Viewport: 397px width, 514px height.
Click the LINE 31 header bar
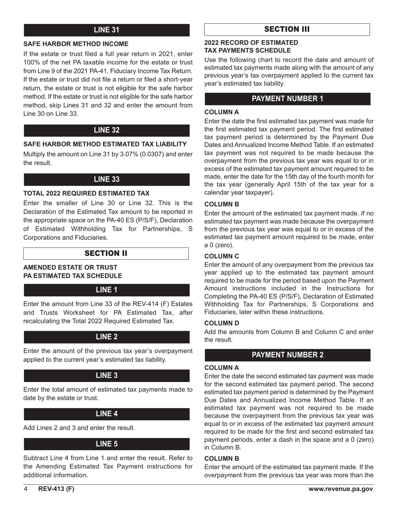(x=107, y=30)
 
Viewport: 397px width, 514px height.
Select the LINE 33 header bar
(x=107, y=179)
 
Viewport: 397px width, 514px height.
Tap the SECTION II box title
(x=106, y=254)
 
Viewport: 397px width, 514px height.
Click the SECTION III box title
(x=287, y=29)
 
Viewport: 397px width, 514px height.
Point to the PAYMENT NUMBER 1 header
(x=287, y=99)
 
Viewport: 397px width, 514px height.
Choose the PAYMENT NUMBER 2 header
(x=287, y=355)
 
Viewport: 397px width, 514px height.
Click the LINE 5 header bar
(x=107, y=444)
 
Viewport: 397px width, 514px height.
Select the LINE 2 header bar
(x=107, y=337)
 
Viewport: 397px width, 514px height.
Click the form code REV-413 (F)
(x=56, y=489)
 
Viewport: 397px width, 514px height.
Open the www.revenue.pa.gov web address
(x=341, y=489)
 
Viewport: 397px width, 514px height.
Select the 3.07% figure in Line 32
(x=132, y=154)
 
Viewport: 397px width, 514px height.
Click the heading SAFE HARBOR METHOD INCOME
(x=76, y=44)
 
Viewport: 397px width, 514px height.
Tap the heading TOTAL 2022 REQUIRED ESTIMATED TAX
(x=86, y=193)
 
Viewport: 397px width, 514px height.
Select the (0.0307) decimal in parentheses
(x=158, y=154)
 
